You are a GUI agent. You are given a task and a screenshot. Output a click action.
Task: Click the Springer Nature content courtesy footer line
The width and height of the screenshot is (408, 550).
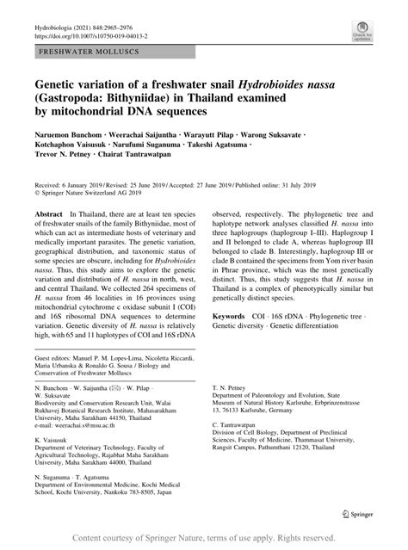click(x=204, y=538)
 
